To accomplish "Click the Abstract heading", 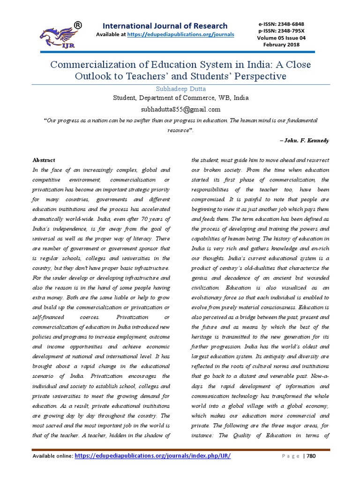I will point(44,160).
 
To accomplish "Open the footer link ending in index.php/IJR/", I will point(153,456).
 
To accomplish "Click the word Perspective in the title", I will point(257,76).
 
